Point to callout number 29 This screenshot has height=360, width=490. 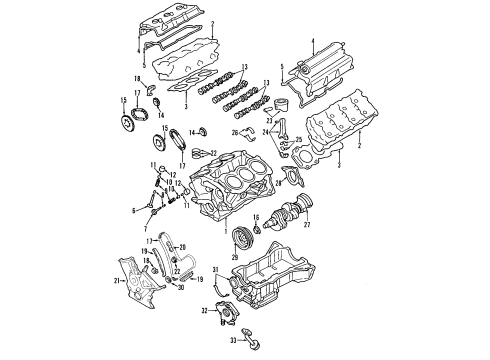[x=235, y=258]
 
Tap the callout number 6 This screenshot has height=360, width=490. [x=133, y=210]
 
